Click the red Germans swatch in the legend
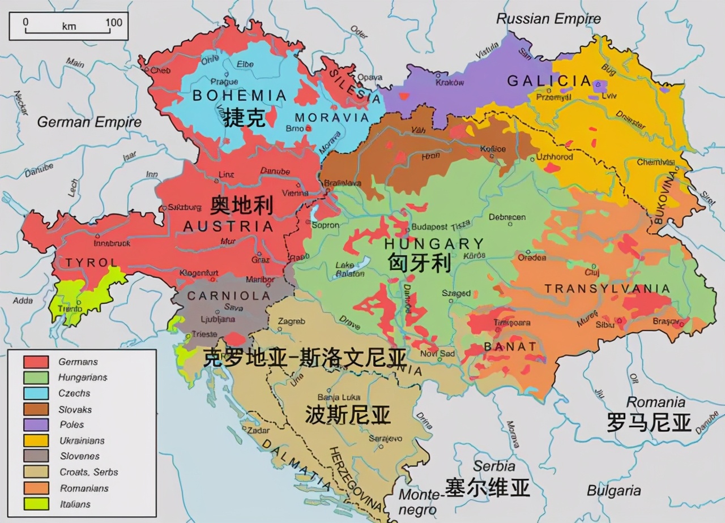[36, 362]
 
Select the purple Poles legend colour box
[36, 425]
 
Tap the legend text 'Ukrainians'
[82, 440]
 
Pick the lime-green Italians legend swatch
[36, 504]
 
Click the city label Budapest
[430, 227]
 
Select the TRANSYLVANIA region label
[607, 289]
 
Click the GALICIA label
[549, 81]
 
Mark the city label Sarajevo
[385, 438]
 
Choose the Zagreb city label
[291, 321]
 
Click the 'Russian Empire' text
[548, 19]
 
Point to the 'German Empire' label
[89, 122]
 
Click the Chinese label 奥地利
[241, 205]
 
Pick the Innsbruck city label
[112, 243]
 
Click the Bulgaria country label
[614, 490]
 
